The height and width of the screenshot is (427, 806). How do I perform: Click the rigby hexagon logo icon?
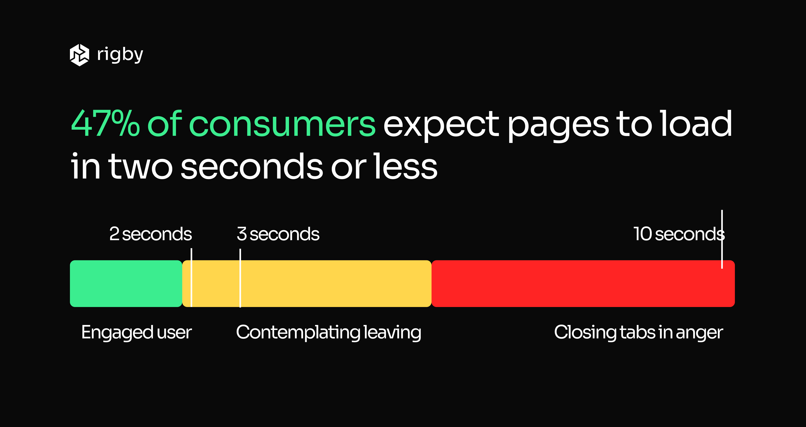pos(79,55)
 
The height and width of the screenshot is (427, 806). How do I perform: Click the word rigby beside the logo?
pos(120,55)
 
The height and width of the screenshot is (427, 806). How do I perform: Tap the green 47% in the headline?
pos(105,124)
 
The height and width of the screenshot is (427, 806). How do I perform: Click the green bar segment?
pos(126,284)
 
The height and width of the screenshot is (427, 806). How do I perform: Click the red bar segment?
pos(583,284)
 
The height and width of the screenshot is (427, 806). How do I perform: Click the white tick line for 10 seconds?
pos(722,239)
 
